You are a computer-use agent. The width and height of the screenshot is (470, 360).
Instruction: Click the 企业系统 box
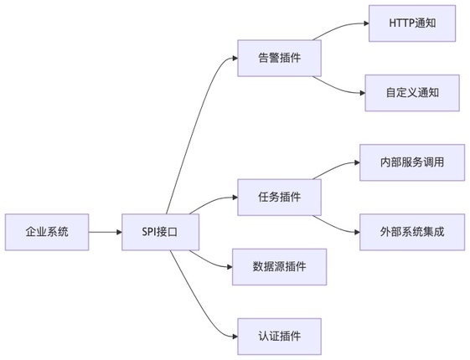[47, 232]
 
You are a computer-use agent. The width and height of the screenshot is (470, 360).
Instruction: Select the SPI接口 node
[160, 232]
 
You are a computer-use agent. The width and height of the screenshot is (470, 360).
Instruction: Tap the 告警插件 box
[279, 58]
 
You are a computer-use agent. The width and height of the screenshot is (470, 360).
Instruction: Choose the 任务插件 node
[279, 197]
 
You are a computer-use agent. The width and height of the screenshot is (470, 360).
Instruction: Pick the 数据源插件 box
[279, 266]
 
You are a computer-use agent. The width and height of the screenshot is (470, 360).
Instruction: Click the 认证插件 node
[279, 337]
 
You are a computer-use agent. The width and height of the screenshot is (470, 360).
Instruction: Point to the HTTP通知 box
[412, 23]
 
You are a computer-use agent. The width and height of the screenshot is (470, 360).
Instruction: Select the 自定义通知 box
[412, 93]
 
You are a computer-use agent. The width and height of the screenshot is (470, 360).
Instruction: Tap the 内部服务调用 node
[412, 162]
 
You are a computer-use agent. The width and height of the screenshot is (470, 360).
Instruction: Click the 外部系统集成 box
[412, 232]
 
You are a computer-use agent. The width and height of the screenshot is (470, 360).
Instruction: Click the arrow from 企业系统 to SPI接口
[106, 232]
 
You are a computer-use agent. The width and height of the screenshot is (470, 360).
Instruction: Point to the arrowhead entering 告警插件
[235, 58]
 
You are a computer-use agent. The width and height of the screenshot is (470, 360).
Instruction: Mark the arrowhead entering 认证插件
[235, 337]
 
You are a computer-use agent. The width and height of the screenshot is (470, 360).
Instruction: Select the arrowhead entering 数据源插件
[230, 266]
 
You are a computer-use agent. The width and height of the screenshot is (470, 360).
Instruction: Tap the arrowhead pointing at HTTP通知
[366, 23]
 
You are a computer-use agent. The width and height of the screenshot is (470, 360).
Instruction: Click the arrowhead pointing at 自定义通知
[363, 93]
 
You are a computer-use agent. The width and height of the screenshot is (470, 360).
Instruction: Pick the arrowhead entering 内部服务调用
[357, 162]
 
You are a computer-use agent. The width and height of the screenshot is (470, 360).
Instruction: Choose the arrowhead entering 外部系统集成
[357, 232]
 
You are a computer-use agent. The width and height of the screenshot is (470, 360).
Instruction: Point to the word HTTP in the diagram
[401, 23]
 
